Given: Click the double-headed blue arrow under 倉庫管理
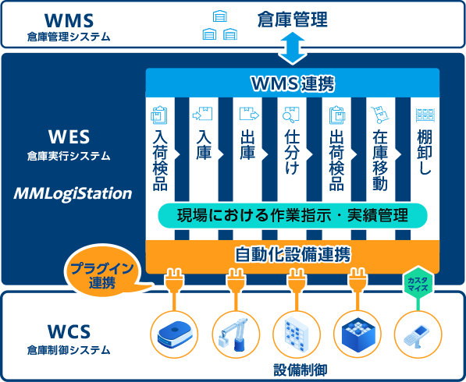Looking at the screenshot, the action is point(293,48).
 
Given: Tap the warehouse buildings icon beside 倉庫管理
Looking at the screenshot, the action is point(220,25).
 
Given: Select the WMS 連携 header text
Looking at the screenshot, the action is point(293,83).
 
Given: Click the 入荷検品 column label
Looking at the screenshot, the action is point(160,160).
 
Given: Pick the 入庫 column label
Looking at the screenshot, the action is point(204,145).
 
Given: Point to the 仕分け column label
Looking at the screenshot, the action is point(292,152).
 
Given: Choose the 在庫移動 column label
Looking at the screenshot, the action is point(380,160).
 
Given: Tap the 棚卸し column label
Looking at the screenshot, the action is point(425,152).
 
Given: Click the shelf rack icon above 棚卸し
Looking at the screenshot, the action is point(425,115).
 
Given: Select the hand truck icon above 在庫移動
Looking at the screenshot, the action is point(379,115).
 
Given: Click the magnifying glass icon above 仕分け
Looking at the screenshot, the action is point(290,115).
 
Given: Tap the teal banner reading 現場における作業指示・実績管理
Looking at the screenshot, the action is point(293,215).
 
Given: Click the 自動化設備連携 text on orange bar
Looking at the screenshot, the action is point(293,254).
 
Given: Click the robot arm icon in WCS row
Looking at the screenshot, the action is point(236,334).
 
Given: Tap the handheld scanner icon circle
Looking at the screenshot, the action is point(418,334).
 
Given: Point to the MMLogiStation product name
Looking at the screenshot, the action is point(73,193).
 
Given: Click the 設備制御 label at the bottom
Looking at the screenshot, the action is point(300,370).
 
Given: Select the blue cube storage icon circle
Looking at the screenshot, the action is point(358,334).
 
